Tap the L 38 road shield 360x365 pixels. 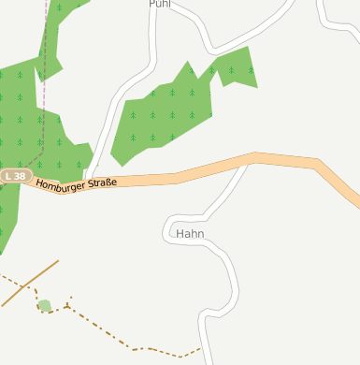pyautogui.click(x=16, y=176)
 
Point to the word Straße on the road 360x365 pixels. pyautogui.click(x=102, y=182)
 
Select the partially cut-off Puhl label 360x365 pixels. pyautogui.click(x=160, y=4)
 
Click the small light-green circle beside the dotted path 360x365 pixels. pyautogui.click(x=44, y=305)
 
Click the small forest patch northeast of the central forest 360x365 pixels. pyautogui.click(x=235, y=66)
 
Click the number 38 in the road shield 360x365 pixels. pyautogui.click(x=20, y=176)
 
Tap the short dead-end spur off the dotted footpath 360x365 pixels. pyautogui.click(x=69, y=300)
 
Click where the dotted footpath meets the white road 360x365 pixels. pyautogui.click(x=201, y=349)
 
